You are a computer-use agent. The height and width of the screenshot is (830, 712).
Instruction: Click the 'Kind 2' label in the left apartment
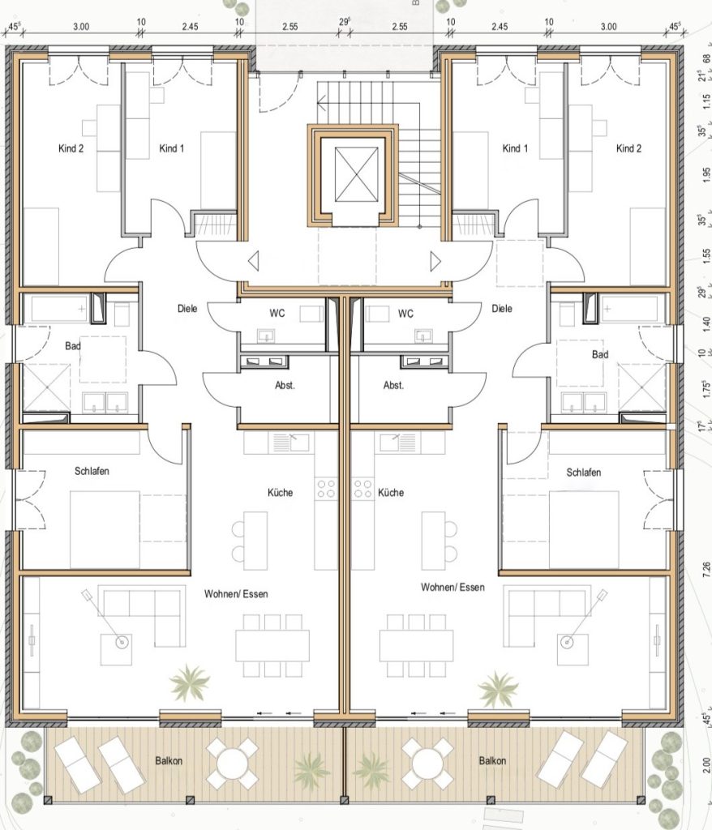click(71, 149)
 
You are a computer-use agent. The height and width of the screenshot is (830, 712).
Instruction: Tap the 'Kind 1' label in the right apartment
click(515, 149)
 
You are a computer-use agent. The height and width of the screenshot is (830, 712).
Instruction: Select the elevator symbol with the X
click(357, 174)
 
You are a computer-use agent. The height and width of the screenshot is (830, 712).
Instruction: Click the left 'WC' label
click(277, 314)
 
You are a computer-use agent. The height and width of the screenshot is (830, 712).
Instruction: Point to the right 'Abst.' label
click(393, 385)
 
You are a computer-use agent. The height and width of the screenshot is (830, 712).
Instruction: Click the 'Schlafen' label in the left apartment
click(92, 471)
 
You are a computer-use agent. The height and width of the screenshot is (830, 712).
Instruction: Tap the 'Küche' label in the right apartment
click(391, 493)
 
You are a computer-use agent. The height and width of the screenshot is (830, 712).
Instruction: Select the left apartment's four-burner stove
click(325, 489)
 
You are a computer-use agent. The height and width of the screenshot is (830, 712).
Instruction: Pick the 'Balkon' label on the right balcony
click(493, 760)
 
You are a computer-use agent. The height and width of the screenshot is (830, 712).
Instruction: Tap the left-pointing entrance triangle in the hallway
click(253, 262)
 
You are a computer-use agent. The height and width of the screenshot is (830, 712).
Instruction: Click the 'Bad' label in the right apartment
click(600, 355)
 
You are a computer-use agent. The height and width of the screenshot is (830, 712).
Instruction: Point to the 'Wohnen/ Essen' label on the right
click(453, 587)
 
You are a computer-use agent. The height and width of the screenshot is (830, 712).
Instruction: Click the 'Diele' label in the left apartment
click(187, 309)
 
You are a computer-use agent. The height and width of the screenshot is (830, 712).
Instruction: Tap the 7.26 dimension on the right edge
click(706, 569)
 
